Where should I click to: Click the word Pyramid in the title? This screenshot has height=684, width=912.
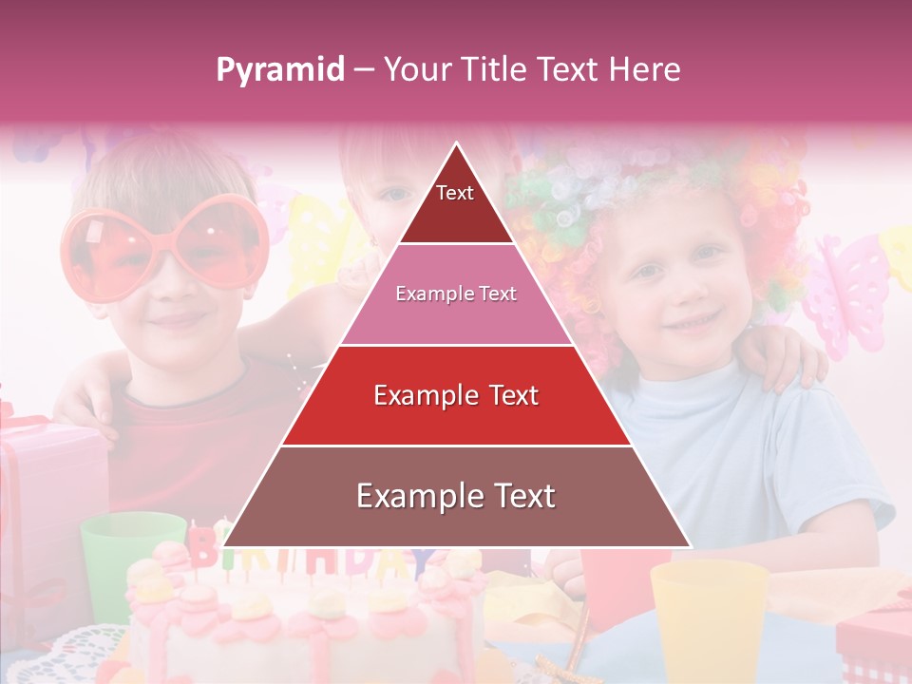(x=279, y=70)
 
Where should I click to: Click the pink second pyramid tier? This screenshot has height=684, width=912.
(x=456, y=294)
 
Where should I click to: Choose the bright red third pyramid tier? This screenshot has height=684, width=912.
(x=456, y=395)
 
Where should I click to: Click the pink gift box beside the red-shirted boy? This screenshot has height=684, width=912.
(x=47, y=475)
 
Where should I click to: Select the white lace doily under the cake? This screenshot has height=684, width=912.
(x=76, y=655)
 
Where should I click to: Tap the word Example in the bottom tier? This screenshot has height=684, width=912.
(x=419, y=497)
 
